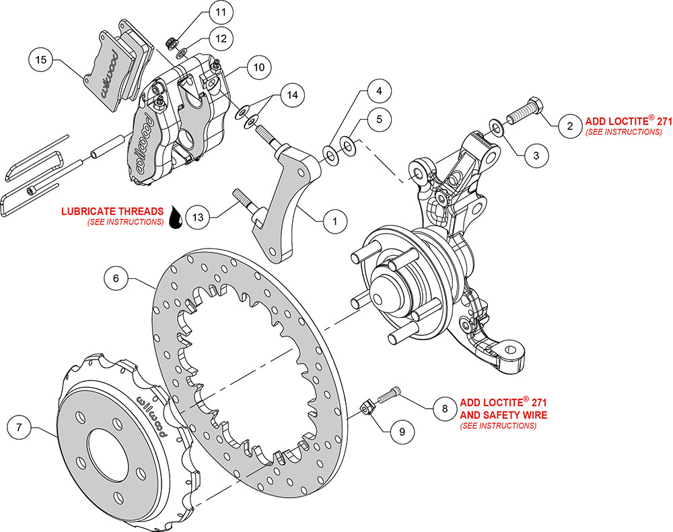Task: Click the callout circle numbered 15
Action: coord(41,60)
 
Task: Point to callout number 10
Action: coord(258,67)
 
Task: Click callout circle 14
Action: coord(290,95)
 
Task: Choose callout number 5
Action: coord(379,120)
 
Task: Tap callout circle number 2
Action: coord(569,125)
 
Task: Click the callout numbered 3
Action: coord(536,155)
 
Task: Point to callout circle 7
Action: coord(20,427)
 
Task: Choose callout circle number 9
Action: coord(401,432)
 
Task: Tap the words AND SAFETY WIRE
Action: coord(503,415)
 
